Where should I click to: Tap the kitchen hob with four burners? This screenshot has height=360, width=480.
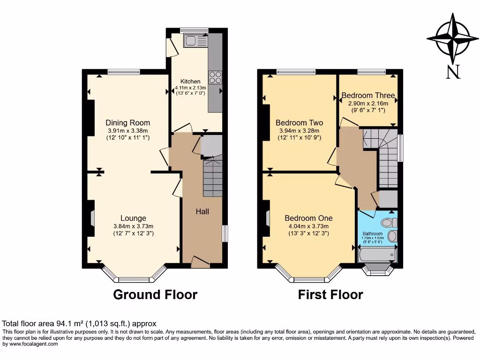(x=216, y=77)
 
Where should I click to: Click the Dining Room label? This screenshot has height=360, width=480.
(x=127, y=123)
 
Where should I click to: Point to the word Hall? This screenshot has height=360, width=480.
(x=202, y=211)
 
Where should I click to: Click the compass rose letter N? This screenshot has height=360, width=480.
(x=452, y=72)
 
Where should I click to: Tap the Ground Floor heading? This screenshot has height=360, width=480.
(x=155, y=294)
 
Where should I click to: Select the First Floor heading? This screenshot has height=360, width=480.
(x=330, y=294)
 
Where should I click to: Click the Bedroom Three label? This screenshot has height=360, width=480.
(x=368, y=96)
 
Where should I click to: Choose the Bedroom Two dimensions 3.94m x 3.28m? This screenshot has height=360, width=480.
(x=299, y=131)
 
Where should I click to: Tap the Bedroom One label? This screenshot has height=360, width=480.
(x=308, y=218)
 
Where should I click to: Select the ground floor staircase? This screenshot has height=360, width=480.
(x=212, y=178)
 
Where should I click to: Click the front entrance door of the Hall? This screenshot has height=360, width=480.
(x=201, y=262)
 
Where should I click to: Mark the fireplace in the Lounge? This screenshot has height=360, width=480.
(x=92, y=218)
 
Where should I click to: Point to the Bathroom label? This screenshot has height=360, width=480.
(x=373, y=233)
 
